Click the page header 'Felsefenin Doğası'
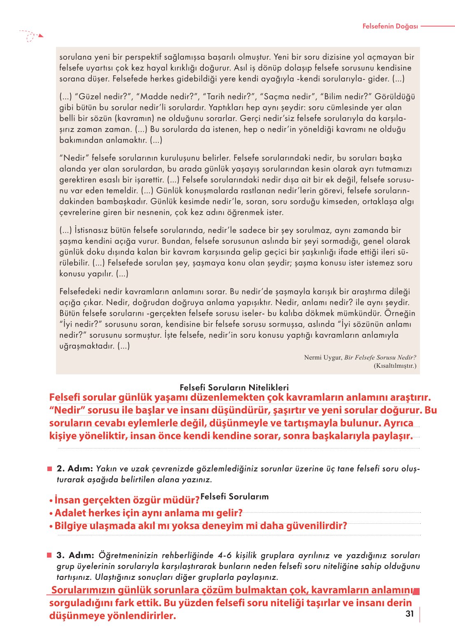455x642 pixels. pyautogui.click(x=390, y=26)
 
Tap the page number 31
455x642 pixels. pyautogui.click(x=409, y=614)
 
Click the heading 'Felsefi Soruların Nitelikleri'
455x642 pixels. pyautogui.click(x=234, y=388)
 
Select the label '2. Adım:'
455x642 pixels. pyautogui.click(x=74, y=469)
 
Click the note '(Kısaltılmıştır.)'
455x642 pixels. pyautogui.click(x=394, y=366)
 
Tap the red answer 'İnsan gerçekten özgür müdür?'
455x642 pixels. pyautogui.click(x=124, y=500)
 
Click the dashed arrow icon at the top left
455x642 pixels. pyautogui.click(x=31, y=36)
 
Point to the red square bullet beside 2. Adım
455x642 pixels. pyautogui.click(x=49, y=469)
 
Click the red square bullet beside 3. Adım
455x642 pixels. pyautogui.click(x=49, y=556)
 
